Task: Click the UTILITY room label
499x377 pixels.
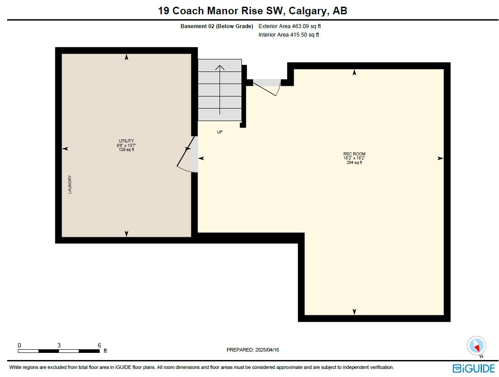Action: point(127,141)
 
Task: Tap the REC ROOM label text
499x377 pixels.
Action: point(354,154)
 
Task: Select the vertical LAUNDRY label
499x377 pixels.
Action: point(70,184)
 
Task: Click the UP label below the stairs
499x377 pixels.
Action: point(220,132)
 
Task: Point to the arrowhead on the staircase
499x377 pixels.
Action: point(220,67)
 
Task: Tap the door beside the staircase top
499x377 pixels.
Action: point(266,88)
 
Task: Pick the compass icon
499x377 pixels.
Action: point(476,346)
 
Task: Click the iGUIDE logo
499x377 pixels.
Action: point(474,369)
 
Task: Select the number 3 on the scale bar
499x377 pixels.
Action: point(59,345)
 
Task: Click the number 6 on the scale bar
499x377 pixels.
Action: point(99,345)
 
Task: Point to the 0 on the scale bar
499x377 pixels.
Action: point(19,345)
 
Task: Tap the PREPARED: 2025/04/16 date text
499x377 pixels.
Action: point(253,350)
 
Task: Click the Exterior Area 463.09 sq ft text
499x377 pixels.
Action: point(290,26)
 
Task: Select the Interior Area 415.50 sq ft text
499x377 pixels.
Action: point(289,35)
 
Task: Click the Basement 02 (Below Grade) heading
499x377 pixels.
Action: point(217,26)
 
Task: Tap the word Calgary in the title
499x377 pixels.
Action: point(308,11)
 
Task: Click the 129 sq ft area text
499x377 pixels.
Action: point(127,149)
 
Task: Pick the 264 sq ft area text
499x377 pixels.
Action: point(354,163)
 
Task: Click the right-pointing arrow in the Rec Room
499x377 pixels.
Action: point(440,158)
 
